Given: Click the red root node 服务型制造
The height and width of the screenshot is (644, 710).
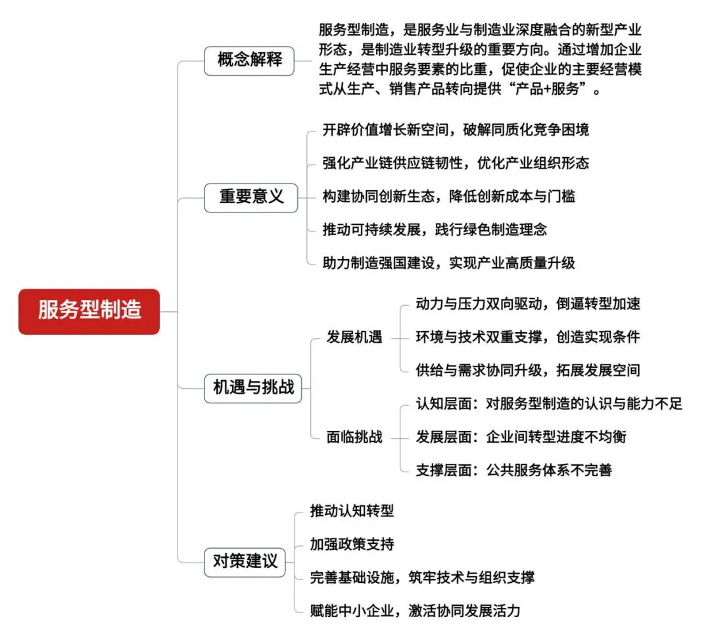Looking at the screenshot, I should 89,311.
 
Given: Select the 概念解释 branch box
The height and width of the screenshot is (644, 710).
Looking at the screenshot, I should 249,61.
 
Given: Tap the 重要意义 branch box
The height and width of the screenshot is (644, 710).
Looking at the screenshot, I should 251,197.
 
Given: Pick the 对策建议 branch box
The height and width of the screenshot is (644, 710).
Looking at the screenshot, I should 245,562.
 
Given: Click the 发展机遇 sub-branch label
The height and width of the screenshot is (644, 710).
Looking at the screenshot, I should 354,337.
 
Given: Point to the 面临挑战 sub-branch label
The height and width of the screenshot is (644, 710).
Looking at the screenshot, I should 354,437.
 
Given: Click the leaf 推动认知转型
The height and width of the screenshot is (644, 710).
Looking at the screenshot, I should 352,511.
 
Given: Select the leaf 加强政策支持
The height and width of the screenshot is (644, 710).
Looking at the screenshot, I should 352,545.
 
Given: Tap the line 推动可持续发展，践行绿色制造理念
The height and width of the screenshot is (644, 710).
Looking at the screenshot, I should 435,230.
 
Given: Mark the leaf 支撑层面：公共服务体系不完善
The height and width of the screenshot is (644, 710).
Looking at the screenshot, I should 513,470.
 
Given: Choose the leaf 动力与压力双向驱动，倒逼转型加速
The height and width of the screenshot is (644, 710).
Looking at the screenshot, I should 527,303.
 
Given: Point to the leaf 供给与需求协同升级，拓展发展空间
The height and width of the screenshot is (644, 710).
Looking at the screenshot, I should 527,370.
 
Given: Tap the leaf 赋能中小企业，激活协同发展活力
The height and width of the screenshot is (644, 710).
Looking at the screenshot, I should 415,610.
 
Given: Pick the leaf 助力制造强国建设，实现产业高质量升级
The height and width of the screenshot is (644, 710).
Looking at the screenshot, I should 448,263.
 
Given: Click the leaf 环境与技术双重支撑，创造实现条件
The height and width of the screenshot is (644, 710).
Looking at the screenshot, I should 527,337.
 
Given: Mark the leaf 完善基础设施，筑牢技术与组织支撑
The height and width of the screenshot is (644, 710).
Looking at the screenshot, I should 422,578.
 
